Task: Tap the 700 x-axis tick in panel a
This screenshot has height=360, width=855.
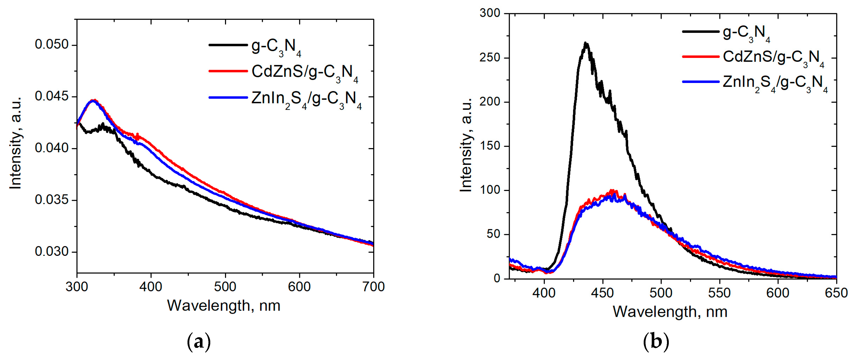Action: pos(373,287)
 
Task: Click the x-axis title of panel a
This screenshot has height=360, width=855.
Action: pos(223,305)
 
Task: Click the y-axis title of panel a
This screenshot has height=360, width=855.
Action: pos(16,143)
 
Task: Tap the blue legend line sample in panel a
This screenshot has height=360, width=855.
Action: pos(228,97)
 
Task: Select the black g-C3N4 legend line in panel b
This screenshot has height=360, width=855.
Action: pos(700,32)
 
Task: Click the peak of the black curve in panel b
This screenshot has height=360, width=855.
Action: pos(586,43)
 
